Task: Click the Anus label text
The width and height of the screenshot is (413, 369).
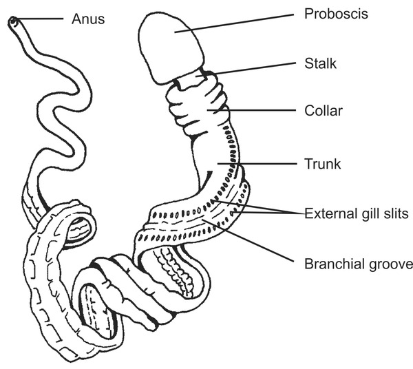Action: (x=88, y=19)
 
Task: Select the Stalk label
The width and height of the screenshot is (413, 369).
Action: (x=319, y=63)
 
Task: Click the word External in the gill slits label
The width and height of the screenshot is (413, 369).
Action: (x=327, y=213)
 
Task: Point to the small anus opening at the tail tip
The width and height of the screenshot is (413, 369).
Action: (x=13, y=23)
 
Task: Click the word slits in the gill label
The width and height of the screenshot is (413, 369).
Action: (x=395, y=213)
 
